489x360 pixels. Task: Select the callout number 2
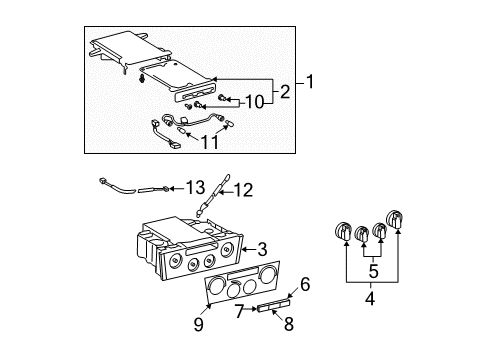(x=284, y=93)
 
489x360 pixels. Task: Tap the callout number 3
(x=262, y=249)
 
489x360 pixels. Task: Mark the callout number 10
(x=256, y=101)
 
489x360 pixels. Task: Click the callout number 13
(x=194, y=187)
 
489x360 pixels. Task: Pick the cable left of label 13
(x=125, y=185)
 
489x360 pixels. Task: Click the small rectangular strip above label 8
(x=269, y=308)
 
